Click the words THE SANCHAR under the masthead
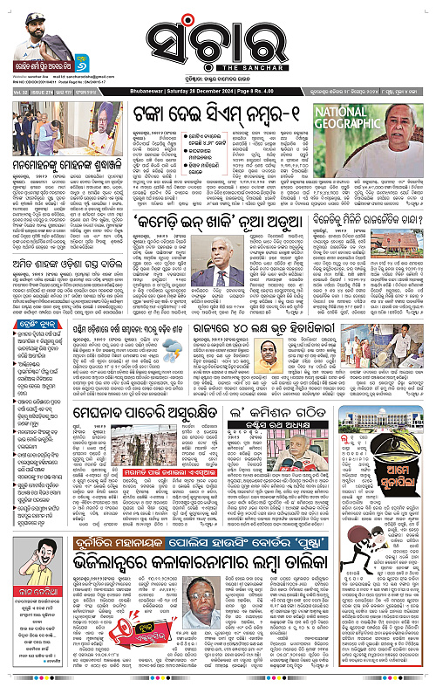coord(217,69)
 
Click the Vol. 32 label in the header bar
coord(17,90)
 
